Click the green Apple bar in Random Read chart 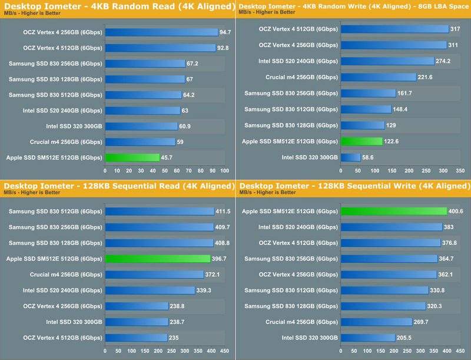(132, 157)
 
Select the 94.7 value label (225, 32)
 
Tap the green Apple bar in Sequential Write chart (394, 211)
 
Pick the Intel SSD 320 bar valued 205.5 (368, 337)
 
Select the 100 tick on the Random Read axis (224, 171)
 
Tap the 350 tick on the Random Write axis (460, 171)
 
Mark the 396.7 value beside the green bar (221, 259)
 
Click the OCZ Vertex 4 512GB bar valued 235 (137, 337)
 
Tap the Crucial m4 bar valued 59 (140, 141)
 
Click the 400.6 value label (459, 211)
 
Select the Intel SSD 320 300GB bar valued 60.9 (141, 125)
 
